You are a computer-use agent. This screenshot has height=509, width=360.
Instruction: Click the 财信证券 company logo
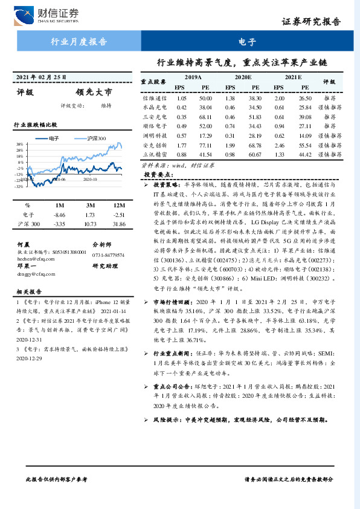[x=42, y=13]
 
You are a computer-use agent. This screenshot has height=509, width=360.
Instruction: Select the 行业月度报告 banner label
[x=78, y=42]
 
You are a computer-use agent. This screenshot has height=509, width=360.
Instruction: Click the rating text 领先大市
[x=94, y=92]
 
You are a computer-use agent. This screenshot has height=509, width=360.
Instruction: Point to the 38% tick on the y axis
[x=20, y=144]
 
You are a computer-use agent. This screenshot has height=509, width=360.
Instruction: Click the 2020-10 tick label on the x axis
[x=91, y=179]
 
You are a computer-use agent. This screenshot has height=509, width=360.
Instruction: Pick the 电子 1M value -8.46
[x=59, y=215]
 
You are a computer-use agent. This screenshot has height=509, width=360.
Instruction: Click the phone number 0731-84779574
[x=109, y=255]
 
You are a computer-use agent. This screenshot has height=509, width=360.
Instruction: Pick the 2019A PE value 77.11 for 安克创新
[x=205, y=146]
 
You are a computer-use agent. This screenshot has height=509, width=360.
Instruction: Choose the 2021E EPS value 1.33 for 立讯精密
[x=279, y=155]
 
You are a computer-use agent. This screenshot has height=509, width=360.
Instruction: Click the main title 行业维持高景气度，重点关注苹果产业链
[x=242, y=62]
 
